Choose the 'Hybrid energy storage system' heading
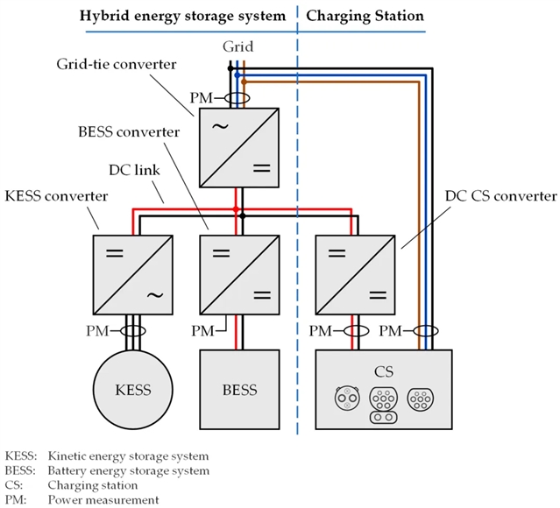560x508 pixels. [183, 16]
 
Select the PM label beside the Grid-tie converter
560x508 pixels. [201, 99]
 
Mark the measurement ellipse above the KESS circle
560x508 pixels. [133, 331]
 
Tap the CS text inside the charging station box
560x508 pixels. [383, 370]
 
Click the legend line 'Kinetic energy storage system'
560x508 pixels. [129, 456]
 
